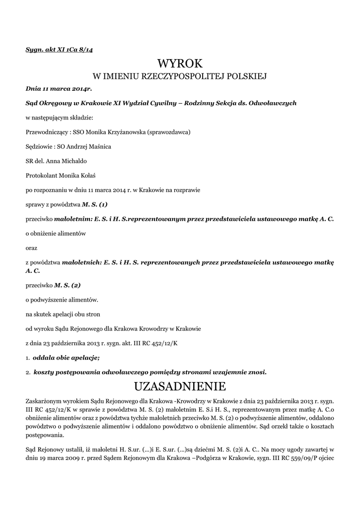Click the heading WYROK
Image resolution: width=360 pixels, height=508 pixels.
point(180,63)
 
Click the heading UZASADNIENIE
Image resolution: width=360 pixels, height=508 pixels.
point(180,385)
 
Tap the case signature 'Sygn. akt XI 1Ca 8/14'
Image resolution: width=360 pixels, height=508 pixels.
point(59,50)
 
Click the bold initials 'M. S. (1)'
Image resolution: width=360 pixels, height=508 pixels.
point(95,204)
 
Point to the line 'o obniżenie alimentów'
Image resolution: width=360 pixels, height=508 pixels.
point(56,233)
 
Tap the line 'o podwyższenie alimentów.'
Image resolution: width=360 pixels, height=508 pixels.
point(62,300)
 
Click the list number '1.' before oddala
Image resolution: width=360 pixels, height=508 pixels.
point(28,358)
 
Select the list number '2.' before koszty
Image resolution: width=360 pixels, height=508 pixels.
point(28,372)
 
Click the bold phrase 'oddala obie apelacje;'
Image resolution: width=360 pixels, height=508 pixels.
point(67,357)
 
